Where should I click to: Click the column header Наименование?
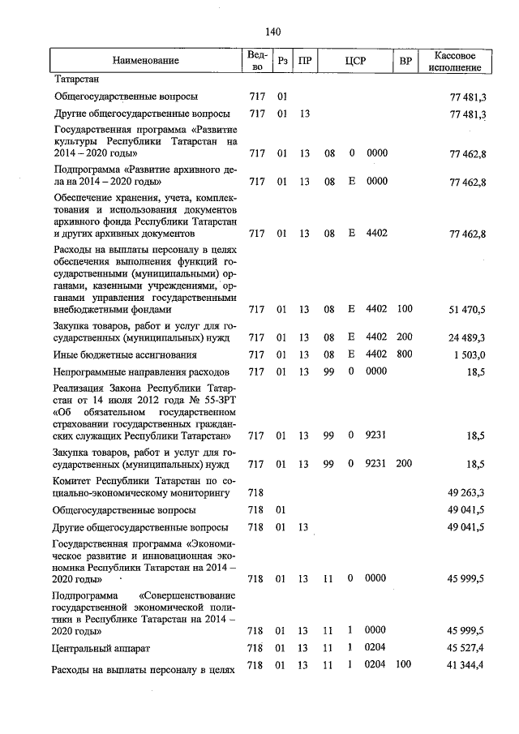146,61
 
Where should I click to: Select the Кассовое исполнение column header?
460,61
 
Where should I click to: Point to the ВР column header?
405,61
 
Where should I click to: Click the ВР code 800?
405,354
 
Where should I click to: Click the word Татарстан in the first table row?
76,80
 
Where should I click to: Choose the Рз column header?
281,61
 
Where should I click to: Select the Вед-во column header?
255,61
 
